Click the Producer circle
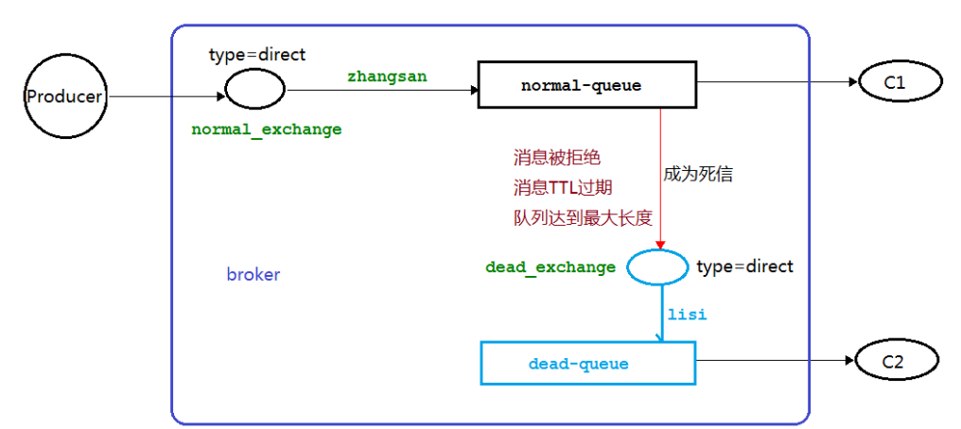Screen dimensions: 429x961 click(63, 95)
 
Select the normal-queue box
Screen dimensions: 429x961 click(581, 86)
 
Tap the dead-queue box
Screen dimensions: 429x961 click(587, 363)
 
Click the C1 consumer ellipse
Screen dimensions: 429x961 click(895, 83)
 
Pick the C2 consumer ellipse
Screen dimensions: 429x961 click(895, 360)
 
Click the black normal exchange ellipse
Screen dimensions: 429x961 click(254, 91)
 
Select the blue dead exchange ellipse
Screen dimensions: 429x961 click(657, 266)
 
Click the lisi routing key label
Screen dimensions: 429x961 click(687, 313)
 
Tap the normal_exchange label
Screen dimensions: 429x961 click(266, 129)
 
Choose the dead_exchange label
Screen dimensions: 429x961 click(550, 267)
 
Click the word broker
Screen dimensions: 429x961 click(253, 275)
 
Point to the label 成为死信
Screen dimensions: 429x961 click(698, 174)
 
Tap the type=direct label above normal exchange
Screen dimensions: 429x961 click(257, 55)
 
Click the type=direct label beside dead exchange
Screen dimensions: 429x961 click(744, 266)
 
